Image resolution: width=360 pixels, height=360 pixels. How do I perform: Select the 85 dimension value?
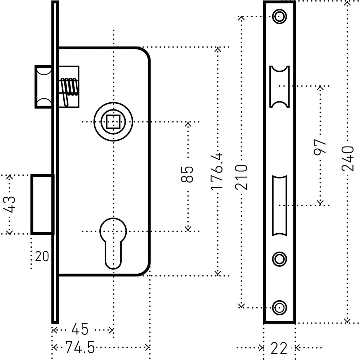coord(188,174)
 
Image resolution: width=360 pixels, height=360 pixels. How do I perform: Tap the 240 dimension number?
coord(347,158)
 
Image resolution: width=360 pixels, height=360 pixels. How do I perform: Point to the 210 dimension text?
coord(242,177)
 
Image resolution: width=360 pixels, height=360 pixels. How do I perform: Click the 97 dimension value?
coord(320,146)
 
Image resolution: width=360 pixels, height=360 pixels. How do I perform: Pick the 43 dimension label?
coord(10,204)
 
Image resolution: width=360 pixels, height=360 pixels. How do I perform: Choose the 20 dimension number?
coord(42,257)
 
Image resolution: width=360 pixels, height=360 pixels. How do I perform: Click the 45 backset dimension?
coord(80,329)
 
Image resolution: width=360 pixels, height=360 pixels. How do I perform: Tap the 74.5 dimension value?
coord(80,348)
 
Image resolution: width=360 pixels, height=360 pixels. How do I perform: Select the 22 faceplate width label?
coord(279,348)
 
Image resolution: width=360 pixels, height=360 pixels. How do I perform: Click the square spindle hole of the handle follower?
coord(113,122)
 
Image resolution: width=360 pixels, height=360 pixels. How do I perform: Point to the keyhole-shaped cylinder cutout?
coord(113,241)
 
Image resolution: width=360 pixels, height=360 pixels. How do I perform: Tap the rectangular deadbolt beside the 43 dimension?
coord(42,204)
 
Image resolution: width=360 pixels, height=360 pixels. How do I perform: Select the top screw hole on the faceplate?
coord(279,16)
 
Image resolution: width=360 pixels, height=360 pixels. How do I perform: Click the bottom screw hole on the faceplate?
coord(279,307)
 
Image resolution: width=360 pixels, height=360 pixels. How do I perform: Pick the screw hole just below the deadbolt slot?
coord(279,258)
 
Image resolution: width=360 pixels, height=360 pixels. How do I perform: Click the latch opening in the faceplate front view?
coord(279,86)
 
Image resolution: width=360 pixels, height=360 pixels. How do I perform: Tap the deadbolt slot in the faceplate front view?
coord(279,205)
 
